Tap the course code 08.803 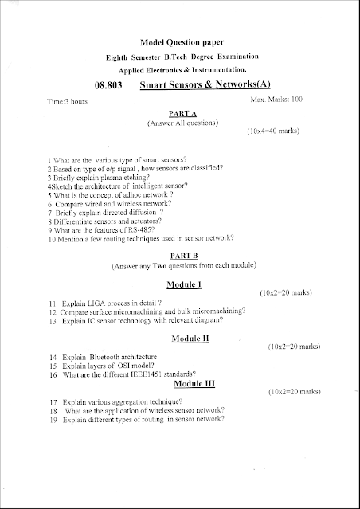pyautogui.click(x=109, y=84)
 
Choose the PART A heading pyautogui.click(x=178, y=114)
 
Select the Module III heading pyautogui.click(x=189, y=383)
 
